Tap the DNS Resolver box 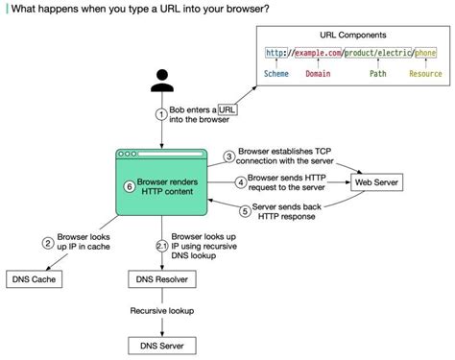tap(161, 279)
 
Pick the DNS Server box tap(160, 344)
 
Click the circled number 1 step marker tap(161, 114)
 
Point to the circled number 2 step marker tap(47, 244)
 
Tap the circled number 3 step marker tap(229, 156)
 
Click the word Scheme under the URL tap(279, 73)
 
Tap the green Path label tap(377, 73)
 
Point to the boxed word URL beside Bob tap(227, 109)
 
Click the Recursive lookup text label tap(161, 311)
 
